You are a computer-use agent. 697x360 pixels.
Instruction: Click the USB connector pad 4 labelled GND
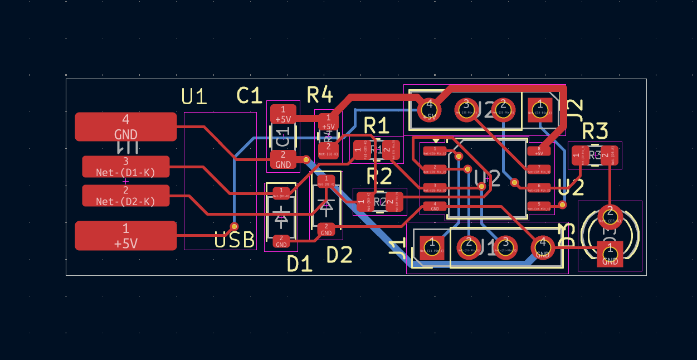(x=126, y=127)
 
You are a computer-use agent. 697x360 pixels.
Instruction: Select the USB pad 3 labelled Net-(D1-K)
(x=126, y=167)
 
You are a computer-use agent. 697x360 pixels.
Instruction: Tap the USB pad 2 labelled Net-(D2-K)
(x=126, y=196)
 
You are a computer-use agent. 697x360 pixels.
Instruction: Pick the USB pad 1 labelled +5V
(x=126, y=235)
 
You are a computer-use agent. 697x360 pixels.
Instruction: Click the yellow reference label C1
(x=249, y=96)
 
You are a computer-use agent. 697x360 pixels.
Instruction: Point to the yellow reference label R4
(x=320, y=95)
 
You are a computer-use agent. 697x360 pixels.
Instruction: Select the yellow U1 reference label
(x=194, y=98)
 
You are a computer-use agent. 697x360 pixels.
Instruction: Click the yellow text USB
(x=235, y=240)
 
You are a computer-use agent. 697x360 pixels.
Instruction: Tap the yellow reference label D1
(x=299, y=264)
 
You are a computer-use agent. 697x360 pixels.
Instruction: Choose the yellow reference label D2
(x=339, y=255)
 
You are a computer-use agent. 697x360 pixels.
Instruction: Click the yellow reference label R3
(x=594, y=132)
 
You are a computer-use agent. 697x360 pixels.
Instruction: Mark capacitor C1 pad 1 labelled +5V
(x=283, y=114)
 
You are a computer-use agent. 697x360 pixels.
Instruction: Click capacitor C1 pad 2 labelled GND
(x=283, y=159)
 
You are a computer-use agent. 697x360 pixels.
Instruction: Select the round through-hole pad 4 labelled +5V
(x=429, y=108)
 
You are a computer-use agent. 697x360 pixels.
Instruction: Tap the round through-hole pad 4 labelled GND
(x=542, y=247)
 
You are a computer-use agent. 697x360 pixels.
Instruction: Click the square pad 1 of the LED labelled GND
(x=610, y=254)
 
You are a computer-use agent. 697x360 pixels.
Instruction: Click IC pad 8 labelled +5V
(x=539, y=150)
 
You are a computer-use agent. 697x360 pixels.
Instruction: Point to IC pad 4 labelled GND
(x=435, y=206)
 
